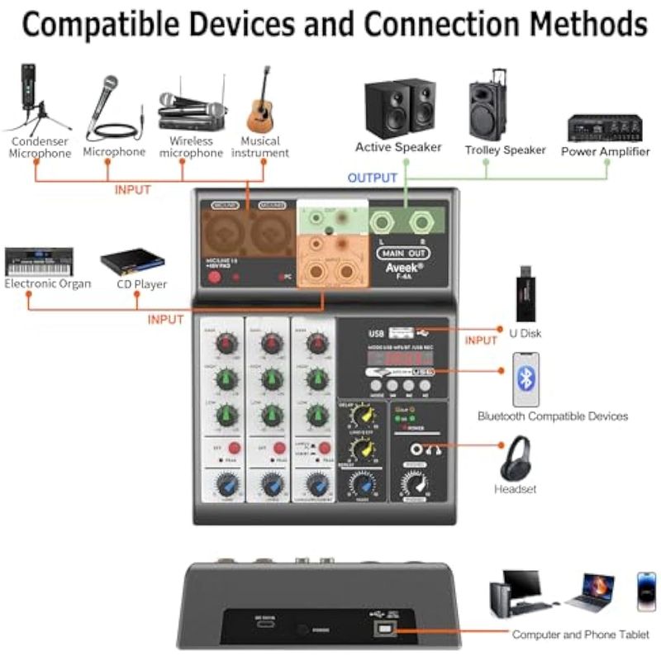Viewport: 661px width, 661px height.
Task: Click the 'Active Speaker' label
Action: (x=398, y=148)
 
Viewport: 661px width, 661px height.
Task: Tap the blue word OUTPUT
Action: (x=373, y=178)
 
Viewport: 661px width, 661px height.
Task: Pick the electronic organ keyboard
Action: (x=39, y=262)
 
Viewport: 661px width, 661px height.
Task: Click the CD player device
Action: (x=132, y=262)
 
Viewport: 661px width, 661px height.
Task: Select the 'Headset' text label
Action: (x=516, y=489)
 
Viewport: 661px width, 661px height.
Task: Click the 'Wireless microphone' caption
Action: (x=192, y=147)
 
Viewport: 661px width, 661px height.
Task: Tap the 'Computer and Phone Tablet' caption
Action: (x=580, y=635)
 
